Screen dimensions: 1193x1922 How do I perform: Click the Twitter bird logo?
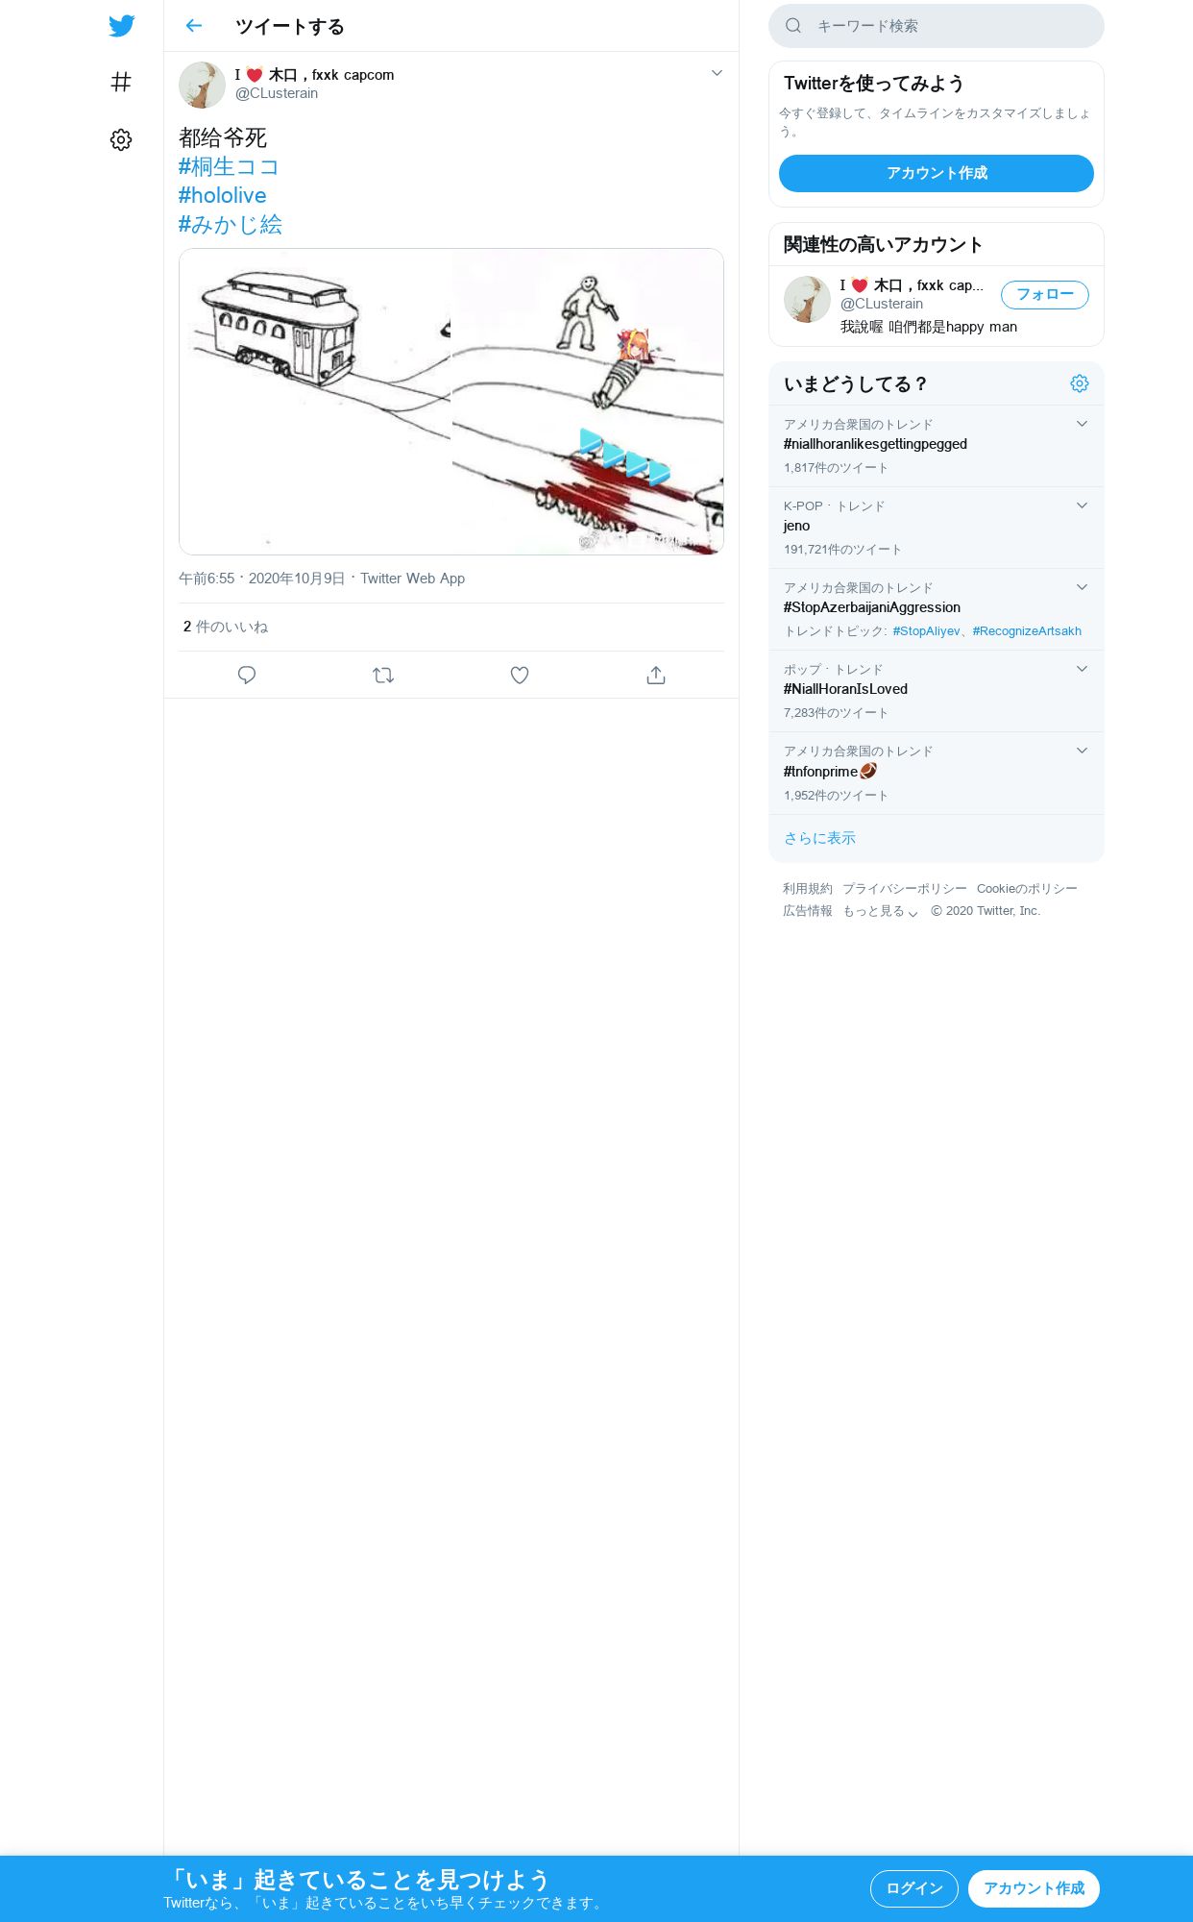122,26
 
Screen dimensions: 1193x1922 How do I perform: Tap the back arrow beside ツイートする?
194,26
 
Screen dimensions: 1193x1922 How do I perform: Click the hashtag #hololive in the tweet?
222,195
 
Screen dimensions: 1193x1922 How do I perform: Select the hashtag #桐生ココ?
229,166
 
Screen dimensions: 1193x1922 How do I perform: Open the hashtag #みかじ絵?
231,224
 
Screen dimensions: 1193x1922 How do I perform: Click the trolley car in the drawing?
280,328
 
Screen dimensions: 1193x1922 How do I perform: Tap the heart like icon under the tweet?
520,676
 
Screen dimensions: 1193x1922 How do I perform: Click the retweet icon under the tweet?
383,676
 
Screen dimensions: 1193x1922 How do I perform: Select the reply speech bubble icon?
247,676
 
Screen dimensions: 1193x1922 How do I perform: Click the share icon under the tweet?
656,676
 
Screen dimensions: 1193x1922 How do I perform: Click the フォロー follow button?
1045,295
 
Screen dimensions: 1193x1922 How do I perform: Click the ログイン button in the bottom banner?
914,1888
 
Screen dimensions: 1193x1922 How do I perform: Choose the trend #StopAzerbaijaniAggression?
872,607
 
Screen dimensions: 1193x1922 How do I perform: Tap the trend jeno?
796,526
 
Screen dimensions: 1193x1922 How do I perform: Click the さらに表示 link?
819,838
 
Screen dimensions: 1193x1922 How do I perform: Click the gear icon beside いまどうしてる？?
1080,383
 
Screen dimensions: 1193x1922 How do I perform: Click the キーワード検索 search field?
937,26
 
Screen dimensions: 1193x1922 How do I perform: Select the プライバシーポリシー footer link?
905,889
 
